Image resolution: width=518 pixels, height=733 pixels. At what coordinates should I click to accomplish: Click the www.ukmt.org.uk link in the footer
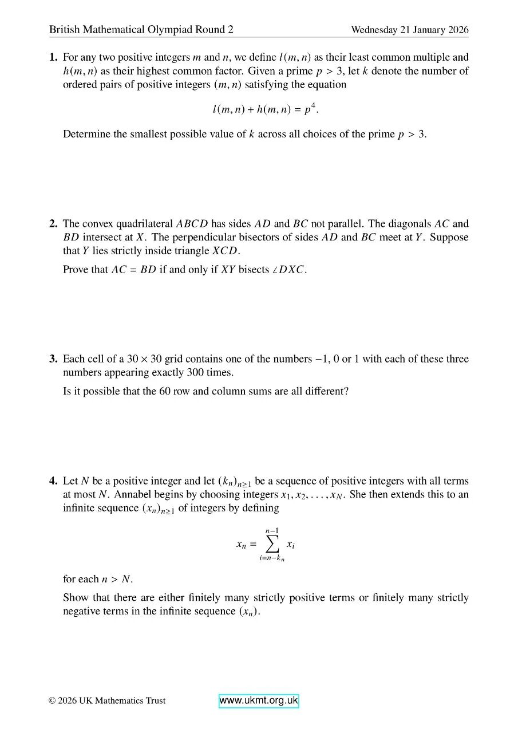click(259, 701)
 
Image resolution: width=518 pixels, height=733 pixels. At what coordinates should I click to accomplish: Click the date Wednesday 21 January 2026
click(409, 30)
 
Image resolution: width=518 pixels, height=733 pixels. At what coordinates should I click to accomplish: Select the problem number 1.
click(53, 57)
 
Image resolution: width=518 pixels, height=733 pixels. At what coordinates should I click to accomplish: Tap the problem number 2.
click(53, 224)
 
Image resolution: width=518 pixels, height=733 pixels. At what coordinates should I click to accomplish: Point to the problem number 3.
click(53, 359)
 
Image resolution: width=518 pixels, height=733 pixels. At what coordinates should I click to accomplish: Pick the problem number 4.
click(53, 481)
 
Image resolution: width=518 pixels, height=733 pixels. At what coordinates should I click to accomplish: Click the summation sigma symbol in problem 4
click(272, 545)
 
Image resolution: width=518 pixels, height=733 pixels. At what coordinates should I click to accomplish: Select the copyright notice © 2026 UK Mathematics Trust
click(107, 700)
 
